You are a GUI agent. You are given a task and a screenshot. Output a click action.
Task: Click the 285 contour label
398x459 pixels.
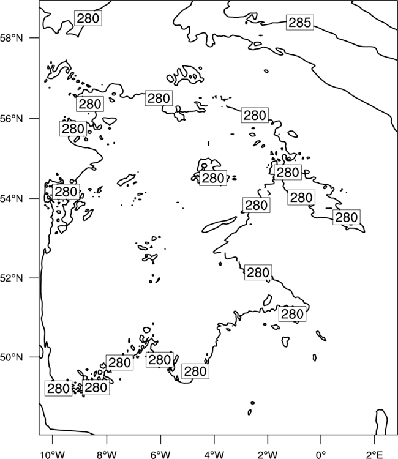(x=299, y=22)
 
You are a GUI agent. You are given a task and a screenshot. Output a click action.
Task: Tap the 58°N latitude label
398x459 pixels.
(x=12, y=38)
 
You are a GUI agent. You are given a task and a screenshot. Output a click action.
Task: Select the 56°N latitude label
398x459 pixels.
(x=12, y=119)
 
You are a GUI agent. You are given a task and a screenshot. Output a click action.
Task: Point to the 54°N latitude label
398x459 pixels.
(x=12, y=199)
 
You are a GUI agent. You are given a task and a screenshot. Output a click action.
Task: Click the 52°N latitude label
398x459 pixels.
(x=12, y=278)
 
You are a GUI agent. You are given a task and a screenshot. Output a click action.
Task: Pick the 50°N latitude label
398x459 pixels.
(x=12, y=357)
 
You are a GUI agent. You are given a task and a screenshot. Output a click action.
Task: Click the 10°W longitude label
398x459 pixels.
(x=53, y=455)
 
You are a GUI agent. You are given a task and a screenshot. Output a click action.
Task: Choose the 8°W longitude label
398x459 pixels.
(x=107, y=455)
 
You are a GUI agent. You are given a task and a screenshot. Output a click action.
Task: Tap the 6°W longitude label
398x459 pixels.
(x=160, y=455)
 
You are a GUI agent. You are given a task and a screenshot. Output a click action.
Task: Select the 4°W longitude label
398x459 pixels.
(x=214, y=455)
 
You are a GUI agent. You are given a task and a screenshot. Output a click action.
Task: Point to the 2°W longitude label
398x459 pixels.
(x=268, y=455)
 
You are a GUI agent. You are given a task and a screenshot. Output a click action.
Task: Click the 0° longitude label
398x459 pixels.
(x=321, y=455)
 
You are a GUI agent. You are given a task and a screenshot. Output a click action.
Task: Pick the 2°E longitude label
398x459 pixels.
(x=375, y=455)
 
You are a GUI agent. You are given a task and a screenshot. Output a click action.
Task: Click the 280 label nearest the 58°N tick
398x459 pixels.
(x=88, y=18)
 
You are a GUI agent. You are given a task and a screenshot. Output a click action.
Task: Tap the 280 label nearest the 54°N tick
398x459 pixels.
(x=66, y=192)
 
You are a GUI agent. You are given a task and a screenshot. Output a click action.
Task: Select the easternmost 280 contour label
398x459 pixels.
(x=347, y=217)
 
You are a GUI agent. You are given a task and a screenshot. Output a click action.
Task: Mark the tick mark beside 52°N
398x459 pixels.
(x=34, y=277)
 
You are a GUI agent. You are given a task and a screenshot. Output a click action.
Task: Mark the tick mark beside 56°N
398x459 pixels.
(x=34, y=118)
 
